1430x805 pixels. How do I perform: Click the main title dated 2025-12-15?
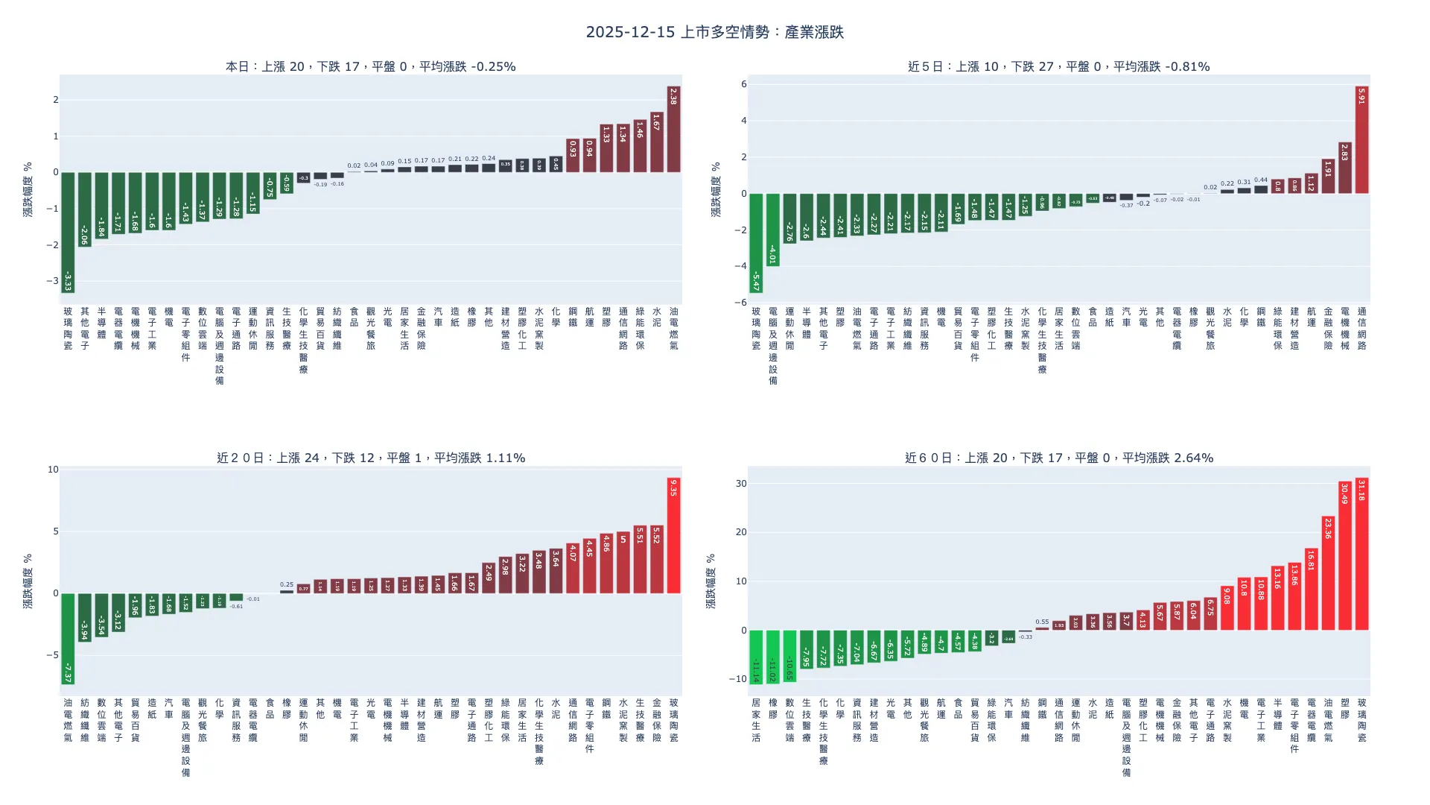click(714, 32)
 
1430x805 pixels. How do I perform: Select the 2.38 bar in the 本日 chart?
click(673, 130)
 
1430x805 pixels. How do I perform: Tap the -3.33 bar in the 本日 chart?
click(68, 233)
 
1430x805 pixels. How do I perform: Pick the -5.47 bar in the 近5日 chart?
click(756, 243)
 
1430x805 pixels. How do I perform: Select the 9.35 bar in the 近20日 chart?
click(673, 536)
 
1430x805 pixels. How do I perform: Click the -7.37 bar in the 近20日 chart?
click(68, 639)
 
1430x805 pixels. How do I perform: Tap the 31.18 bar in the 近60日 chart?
click(1361, 555)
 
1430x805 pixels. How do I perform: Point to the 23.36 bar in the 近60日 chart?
click(1328, 573)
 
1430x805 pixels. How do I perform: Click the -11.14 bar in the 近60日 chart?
click(756, 657)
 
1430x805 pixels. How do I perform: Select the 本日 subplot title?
click(370, 66)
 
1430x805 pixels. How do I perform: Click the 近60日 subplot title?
click(1058, 458)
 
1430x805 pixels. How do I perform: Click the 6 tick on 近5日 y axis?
click(743, 84)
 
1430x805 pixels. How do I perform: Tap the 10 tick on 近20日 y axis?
click(53, 470)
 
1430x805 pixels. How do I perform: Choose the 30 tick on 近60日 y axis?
click(740, 484)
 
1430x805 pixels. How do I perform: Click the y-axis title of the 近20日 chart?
click(28, 581)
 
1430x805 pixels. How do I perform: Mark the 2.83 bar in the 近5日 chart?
click(1344, 168)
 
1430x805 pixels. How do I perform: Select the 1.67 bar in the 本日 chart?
click(656, 142)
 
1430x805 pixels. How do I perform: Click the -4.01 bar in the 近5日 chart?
click(772, 230)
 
